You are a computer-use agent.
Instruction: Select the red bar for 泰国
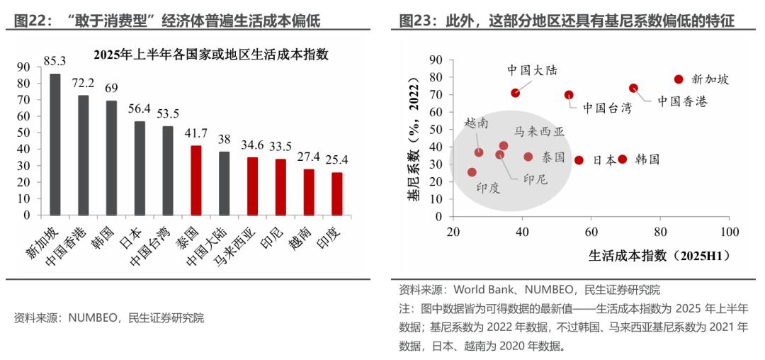(196, 180)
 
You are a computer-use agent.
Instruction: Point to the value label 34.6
(252, 146)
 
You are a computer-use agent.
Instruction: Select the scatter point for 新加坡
(679, 79)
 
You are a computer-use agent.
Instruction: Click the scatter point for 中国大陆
(516, 93)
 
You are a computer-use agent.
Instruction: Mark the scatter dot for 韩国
(623, 159)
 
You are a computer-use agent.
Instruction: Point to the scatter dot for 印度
(472, 172)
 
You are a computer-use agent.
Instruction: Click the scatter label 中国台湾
(607, 108)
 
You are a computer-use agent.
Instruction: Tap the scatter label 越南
(476, 123)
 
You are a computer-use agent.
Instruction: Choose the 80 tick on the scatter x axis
(660, 232)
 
